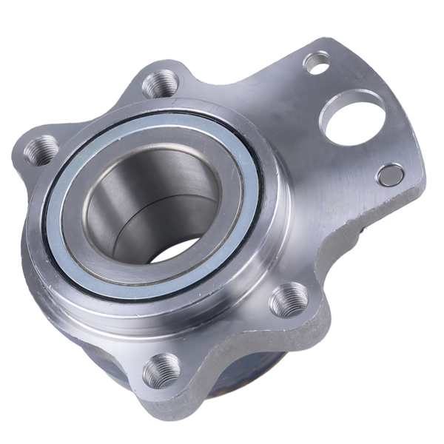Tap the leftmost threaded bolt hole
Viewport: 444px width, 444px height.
[41, 150]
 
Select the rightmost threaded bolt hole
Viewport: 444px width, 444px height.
[289, 300]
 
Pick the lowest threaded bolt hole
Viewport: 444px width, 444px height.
[161, 369]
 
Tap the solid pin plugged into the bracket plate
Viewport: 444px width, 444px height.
[390, 175]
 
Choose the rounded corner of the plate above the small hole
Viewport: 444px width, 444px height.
[326, 43]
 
